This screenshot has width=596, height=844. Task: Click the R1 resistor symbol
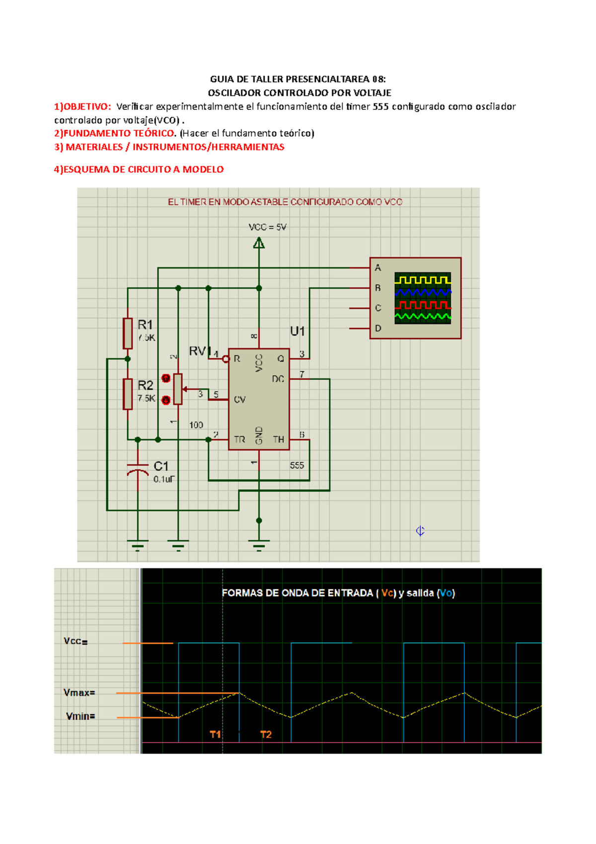point(128,333)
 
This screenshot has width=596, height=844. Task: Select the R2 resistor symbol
point(128,394)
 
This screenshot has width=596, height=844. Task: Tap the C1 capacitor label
point(161,466)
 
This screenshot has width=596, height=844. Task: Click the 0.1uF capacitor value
point(164,480)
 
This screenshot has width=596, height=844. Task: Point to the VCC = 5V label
point(267,227)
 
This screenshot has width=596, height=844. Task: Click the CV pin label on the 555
point(239,400)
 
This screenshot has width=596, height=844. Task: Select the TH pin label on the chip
point(278,439)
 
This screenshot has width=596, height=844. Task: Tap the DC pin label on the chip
point(278,379)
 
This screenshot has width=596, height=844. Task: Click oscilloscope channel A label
point(378,268)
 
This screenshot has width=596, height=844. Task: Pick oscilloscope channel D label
point(378,329)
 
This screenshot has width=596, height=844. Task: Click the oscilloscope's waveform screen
point(423,298)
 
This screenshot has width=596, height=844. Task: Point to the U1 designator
point(298,331)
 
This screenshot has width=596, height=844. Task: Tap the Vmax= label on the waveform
point(79,692)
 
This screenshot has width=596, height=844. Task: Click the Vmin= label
point(80,716)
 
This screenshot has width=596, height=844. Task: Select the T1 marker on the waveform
point(215,734)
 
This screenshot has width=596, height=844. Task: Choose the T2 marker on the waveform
point(266,734)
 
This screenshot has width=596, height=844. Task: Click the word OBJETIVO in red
point(86,106)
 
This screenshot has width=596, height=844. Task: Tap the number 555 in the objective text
point(380,106)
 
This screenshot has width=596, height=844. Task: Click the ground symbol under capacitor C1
point(138,545)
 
